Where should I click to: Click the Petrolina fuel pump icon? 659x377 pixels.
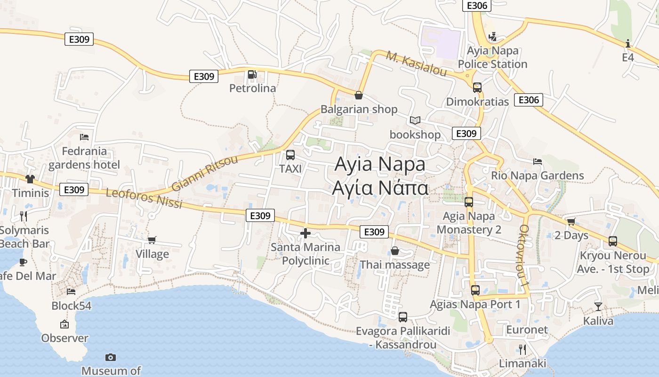click(252, 74)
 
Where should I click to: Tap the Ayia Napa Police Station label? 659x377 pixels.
click(492, 57)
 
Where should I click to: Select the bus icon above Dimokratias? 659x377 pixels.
click(477, 88)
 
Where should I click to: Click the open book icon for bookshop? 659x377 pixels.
click(415, 121)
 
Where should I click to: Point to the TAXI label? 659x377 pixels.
click(290, 168)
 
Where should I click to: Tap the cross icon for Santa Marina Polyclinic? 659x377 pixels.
click(305, 233)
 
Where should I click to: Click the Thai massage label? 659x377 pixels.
click(394, 264)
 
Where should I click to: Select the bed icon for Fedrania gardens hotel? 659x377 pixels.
click(84, 137)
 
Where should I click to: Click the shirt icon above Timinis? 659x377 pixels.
click(30, 179)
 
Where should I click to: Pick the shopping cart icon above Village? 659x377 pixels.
click(152, 240)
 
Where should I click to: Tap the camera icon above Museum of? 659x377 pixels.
click(111, 357)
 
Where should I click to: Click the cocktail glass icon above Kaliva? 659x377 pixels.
click(598, 306)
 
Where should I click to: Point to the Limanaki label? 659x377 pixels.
click(522, 363)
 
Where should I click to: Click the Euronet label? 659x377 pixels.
click(527, 329)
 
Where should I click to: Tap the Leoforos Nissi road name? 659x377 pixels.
click(144, 198)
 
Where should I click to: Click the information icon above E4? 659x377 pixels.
click(628, 44)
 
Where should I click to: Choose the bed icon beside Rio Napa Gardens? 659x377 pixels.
click(538, 161)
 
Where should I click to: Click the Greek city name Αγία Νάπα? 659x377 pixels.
click(380, 188)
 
